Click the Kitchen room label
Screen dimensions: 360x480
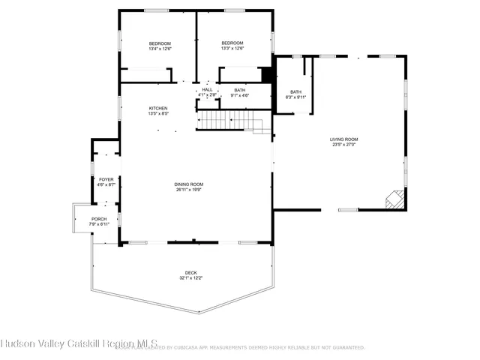(157, 108)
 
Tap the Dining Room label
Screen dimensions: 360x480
(189, 184)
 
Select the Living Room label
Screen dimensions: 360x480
(343, 139)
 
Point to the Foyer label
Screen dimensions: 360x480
(106, 179)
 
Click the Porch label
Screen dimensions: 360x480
(99, 219)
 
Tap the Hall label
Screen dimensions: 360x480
(207, 90)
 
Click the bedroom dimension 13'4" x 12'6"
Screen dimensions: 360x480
(160, 49)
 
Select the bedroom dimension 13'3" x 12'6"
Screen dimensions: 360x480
(233, 49)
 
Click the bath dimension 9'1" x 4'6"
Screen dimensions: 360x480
(240, 95)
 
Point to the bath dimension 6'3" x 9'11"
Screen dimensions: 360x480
(296, 97)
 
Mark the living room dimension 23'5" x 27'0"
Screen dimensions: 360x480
(343, 145)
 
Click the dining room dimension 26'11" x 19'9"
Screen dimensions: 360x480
(189, 190)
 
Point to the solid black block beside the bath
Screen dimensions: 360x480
(265, 76)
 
